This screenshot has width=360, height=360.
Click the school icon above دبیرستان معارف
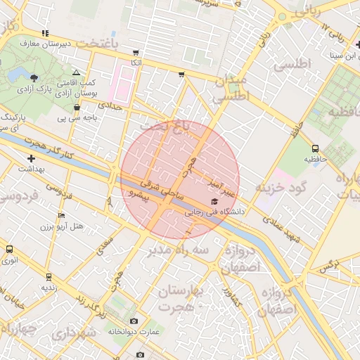(46, 33)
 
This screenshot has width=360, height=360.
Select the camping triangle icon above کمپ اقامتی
(77, 73)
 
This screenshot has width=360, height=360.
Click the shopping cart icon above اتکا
(136, 53)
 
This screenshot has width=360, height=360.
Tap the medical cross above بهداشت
(31, 159)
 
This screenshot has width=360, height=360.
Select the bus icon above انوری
(9, 249)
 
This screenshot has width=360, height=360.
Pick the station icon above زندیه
(49, 277)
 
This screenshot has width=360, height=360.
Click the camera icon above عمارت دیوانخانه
(134, 321)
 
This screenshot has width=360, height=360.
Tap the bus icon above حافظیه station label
(314, 148)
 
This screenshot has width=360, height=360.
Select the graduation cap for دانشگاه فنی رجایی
(214, 202)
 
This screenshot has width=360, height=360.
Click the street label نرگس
(328, 266)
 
